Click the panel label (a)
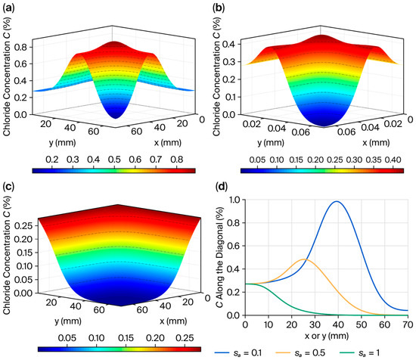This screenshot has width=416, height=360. point(8,8)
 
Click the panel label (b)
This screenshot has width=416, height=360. point(219,8)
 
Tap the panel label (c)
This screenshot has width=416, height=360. point(8,187)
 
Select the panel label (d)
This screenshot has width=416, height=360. point(222,187)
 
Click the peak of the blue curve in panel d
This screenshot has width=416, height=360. point(337,201)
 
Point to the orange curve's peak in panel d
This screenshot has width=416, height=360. point(304,259)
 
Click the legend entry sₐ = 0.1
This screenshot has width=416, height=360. point(238,353)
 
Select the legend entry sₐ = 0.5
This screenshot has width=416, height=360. point(300,353)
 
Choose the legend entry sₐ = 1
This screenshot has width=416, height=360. point(360,353)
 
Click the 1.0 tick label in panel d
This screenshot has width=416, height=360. point(234,200)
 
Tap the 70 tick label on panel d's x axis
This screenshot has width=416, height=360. point(408,324)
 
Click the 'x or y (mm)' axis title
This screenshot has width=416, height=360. point(327,336)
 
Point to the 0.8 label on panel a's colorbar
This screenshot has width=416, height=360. point(177,160)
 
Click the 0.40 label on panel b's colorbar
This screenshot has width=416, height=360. point(393,160)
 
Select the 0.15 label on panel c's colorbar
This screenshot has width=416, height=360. point(126,338)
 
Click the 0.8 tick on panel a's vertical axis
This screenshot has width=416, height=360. point(20,47)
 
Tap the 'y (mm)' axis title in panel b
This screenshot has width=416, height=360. point(271,143)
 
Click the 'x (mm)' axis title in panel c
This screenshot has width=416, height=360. point(173,321)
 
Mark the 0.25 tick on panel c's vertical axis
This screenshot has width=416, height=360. point(24,226)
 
